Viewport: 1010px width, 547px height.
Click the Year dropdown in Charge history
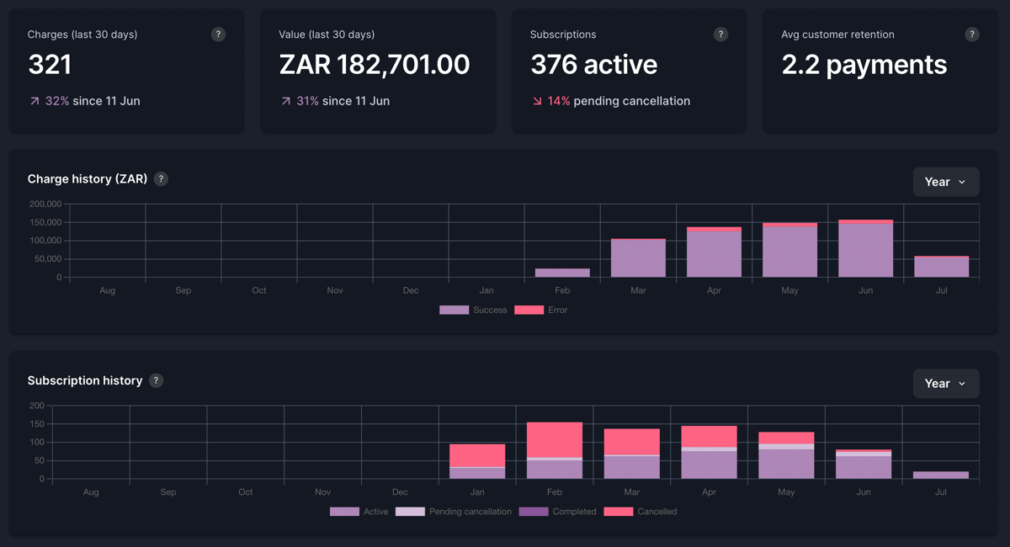click(x=945, y=182)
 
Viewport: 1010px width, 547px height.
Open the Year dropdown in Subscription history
click(x=945, y=384)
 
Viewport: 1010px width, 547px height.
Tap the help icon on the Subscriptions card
click(x=720, y=35)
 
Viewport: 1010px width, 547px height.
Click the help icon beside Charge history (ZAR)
click(x=161, y=179)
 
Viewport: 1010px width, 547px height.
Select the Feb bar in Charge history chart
click(x=562, y=273)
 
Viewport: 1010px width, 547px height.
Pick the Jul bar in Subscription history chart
click(x=941, y=475)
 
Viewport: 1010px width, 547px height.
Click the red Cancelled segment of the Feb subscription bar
click(x=555, y=440)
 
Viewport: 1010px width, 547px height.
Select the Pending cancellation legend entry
click(x=454, y=512)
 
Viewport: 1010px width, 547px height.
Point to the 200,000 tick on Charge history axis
click(x=45, y=204)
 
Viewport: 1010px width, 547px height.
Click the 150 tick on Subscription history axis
click(x=36, y=424)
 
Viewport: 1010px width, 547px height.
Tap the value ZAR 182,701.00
click(x=374, y=65)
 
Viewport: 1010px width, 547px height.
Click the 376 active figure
click(x=593, y=65)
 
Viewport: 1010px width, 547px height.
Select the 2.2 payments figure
click(x=864, y=65)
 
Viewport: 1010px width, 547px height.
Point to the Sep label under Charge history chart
click(x=183, y=290)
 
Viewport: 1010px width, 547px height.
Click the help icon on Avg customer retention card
click(x=972, y=35)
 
